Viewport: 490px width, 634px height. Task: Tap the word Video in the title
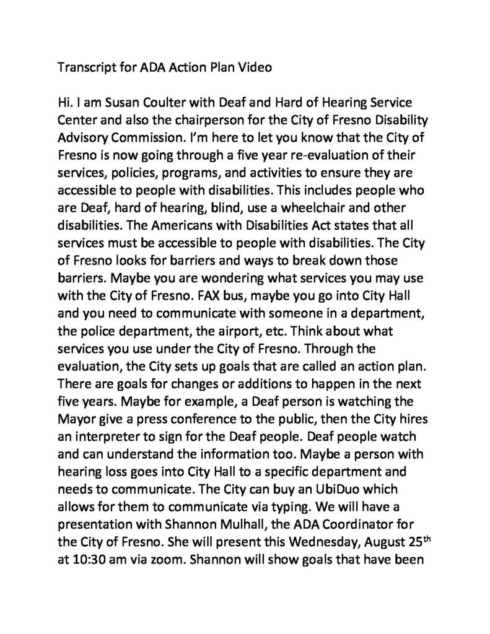[255, 68]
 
